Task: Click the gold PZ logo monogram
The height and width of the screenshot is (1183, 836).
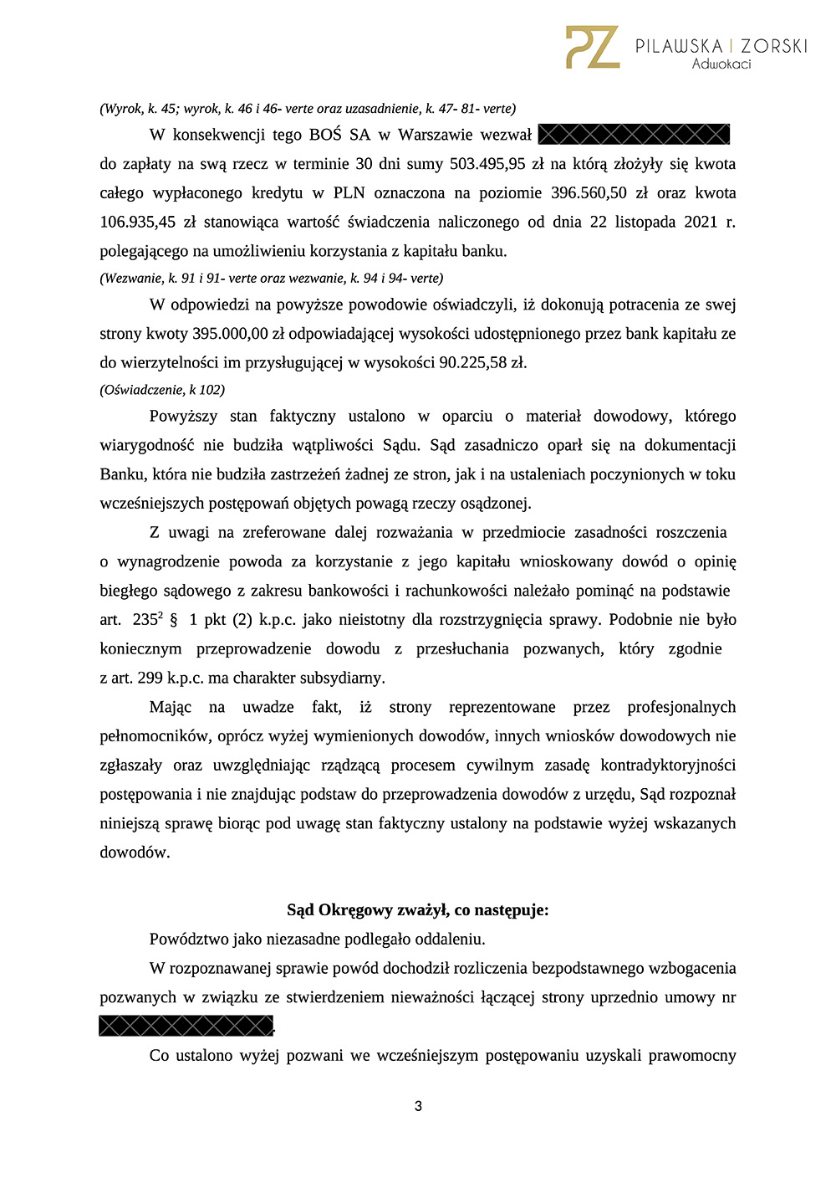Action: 592,48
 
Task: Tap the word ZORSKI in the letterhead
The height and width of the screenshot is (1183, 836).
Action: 773,46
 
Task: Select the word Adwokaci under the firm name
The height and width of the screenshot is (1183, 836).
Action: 721,64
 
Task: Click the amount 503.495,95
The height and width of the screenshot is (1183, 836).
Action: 487,164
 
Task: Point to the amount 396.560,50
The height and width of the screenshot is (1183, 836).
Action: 589,193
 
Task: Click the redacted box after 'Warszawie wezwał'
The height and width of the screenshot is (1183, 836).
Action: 634,134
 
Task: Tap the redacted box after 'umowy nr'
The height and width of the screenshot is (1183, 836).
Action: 186,1026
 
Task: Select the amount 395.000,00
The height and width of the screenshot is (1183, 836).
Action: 230,334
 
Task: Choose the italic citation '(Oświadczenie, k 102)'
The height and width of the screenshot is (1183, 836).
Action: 162,390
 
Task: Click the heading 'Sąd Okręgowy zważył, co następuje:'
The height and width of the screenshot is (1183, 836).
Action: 418,910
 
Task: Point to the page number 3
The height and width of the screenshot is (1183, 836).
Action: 418,1106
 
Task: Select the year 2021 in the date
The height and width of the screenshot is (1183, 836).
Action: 701,222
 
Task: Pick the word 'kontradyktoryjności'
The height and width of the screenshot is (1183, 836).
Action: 668,766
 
